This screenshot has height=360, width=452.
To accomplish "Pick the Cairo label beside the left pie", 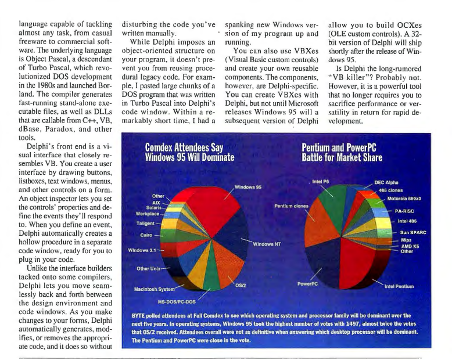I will point(146,235).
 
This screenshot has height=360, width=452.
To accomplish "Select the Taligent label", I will point(144,224).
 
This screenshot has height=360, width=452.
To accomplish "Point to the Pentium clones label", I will point(292,206).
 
